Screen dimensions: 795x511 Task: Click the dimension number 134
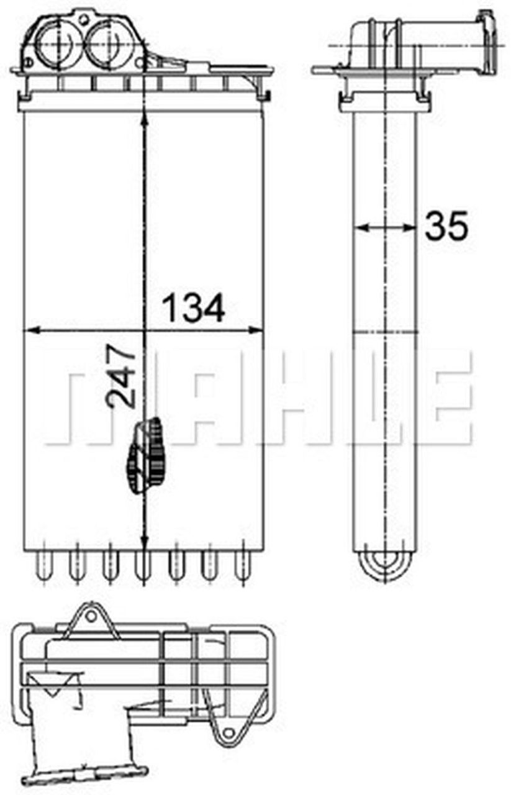point(193,308)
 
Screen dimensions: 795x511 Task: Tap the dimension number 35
point(446,226)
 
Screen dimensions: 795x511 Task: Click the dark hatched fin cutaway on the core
point(147,455)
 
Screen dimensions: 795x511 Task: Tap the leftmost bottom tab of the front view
point(43,565)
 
